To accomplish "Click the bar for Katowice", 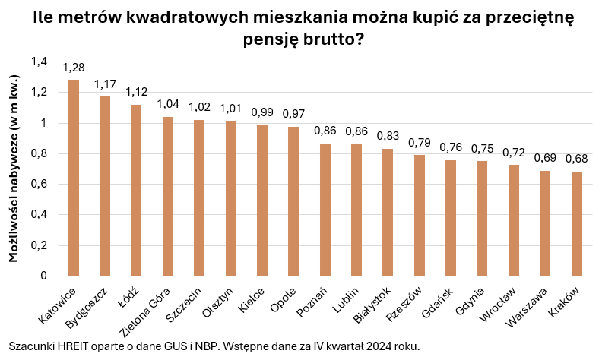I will [x=74, y=178].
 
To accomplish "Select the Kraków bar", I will [x=577, y=223].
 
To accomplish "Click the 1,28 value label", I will [x=74, y=68].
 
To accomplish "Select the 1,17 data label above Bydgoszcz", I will [x=105, y=84].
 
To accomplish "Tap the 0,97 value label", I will [x=293, y=114].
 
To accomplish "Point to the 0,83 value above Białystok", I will [x=388, y=136].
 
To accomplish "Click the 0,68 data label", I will [x=577, y=159].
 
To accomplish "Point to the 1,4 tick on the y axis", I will [x=39, y=62].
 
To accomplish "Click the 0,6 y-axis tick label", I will [x=39, y=185].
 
